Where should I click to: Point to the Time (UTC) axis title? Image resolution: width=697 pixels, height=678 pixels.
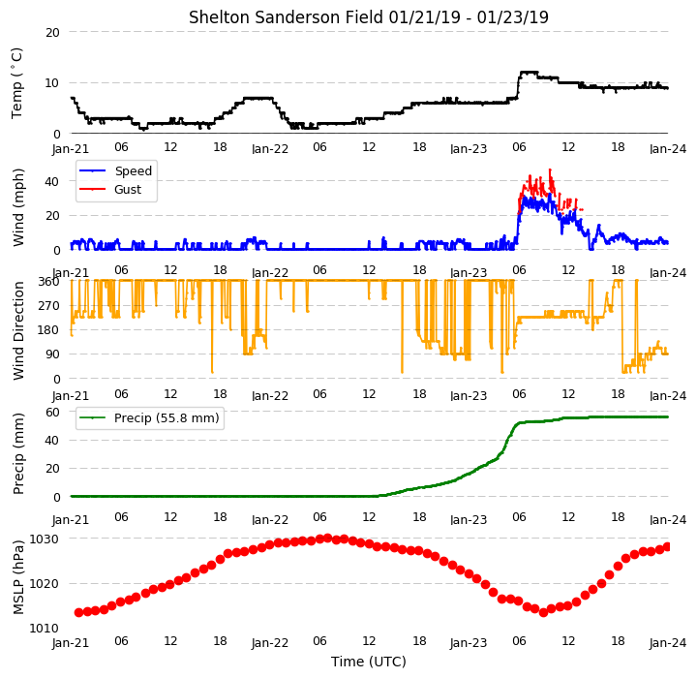point(369,662)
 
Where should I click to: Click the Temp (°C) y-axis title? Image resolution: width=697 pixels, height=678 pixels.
point(16,83)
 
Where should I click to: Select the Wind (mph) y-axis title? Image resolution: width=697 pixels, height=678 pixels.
point(17,208)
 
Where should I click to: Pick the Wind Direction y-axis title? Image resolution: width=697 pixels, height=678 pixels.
point(17,330)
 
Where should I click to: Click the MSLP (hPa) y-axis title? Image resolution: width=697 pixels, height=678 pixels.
point(17,577)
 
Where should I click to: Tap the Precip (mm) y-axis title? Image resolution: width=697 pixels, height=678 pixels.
point(17,454)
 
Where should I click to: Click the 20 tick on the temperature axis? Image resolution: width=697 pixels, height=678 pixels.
point(52,33)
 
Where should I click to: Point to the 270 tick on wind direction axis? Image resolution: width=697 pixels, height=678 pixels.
point(49,306)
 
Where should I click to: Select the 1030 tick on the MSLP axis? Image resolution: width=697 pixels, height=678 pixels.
point(44,539)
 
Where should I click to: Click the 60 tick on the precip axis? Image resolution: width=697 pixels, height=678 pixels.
point(52,413)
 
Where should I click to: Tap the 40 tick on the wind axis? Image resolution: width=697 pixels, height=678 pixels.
point(51,181)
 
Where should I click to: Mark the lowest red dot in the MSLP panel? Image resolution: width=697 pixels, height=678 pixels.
point(543,612)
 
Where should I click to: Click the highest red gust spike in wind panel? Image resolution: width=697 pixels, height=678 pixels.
point(550,169)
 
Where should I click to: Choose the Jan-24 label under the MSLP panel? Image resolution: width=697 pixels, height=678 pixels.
point(668,643)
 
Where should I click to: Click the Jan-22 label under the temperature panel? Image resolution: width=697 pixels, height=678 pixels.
point(270,149)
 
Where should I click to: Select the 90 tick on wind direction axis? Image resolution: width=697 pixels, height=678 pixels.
point(53,354)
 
